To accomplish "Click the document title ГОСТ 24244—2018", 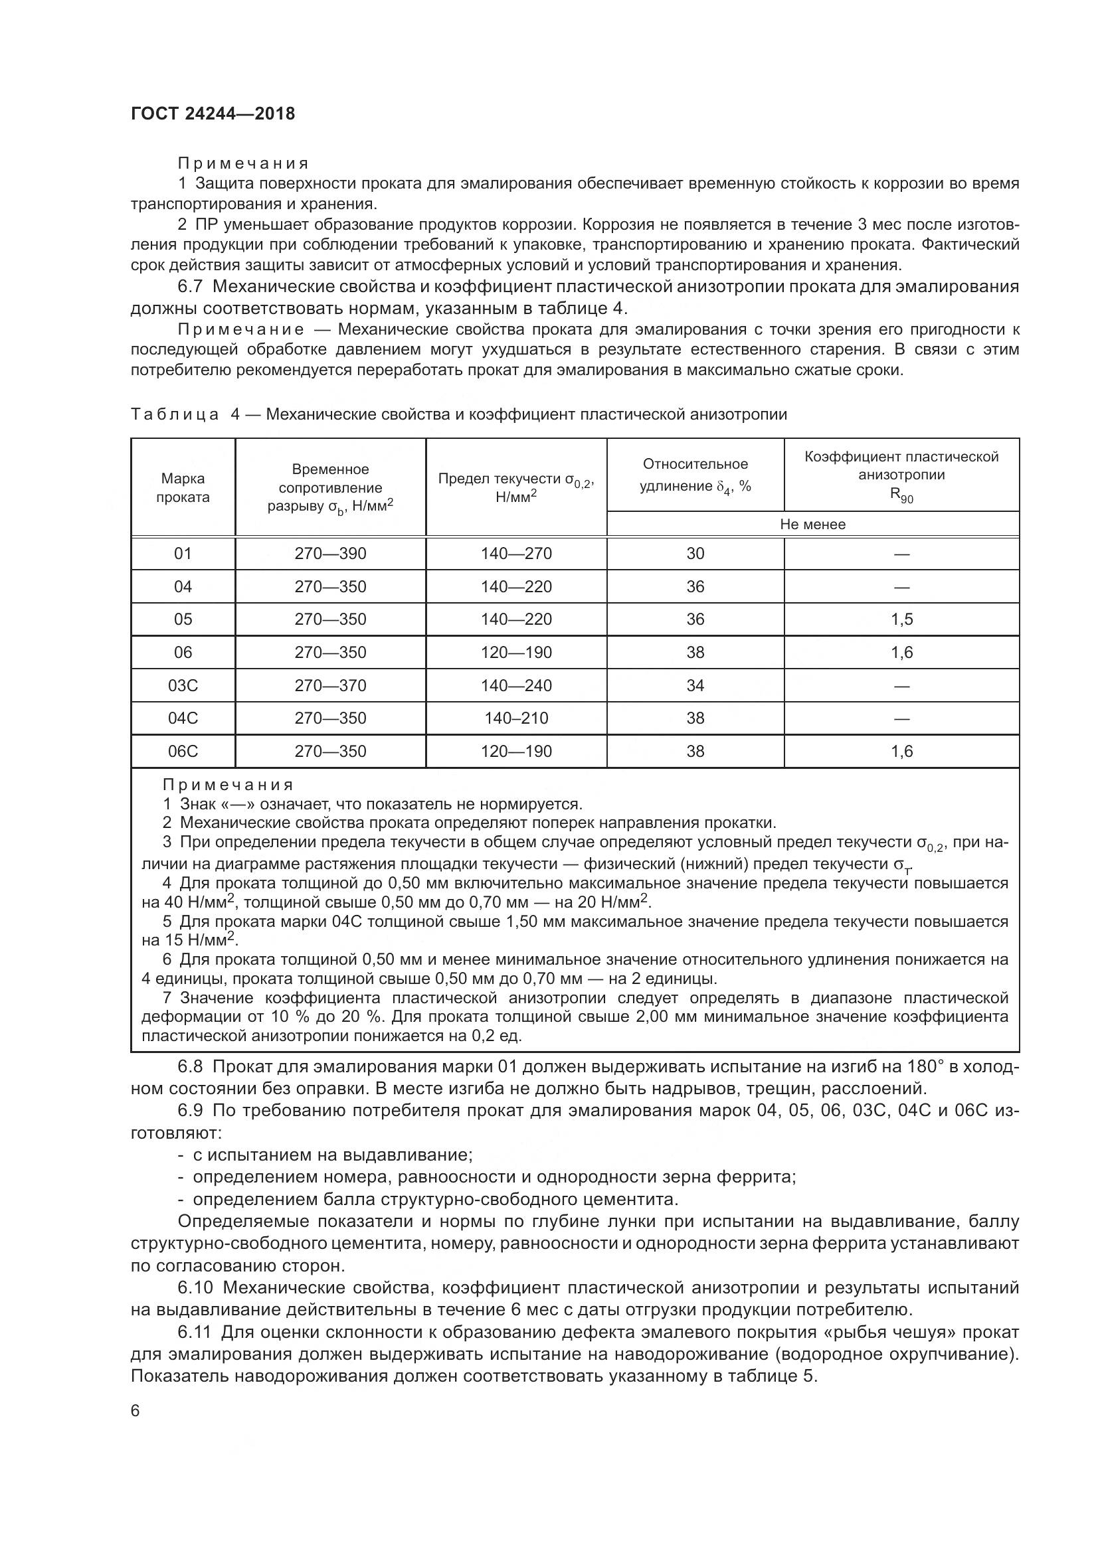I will coord(213,114).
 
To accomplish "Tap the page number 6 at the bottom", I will coord(136,1411).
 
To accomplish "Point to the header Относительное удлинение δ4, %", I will coord(695,475).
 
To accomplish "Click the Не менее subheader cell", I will coord(812,525).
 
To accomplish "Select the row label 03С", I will coord(183,685).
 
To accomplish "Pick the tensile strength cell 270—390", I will coord(330,553).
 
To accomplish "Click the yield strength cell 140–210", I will coord(516,718).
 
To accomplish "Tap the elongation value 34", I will coord(695,685).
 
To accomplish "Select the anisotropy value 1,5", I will coord(901,619).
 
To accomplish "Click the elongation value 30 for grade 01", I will coord(695,553).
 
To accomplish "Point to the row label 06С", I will coord(183,751).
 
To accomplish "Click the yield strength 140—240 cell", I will coord(516,685).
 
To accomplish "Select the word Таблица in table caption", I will coord(175,414).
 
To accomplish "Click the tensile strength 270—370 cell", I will coord(330,685).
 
